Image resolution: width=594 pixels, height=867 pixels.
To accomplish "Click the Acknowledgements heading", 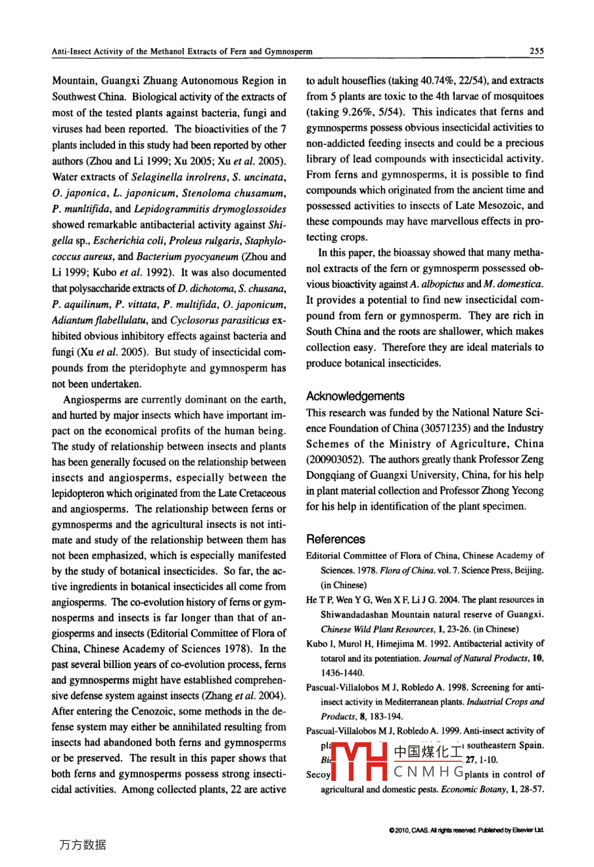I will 355,396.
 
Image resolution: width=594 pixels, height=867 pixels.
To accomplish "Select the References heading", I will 335,539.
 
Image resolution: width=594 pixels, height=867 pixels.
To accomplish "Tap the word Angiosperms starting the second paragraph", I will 93,399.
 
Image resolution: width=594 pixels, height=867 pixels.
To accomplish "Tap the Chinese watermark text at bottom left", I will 82,845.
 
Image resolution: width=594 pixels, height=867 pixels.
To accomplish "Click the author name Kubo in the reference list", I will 317,644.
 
